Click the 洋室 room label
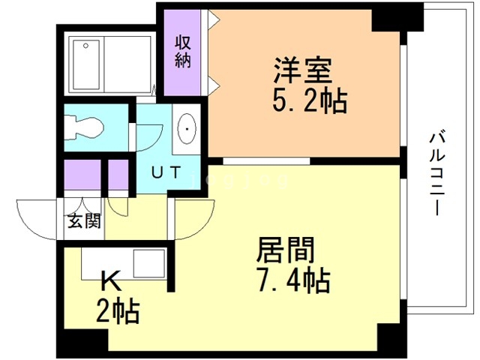coord(303,70)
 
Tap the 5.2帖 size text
coord(310,100)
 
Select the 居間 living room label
coord(286,250)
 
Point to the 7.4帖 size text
coord(293,280)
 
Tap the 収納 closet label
coord(183,52)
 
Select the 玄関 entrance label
coord(84,220)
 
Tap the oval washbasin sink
coord(187,129)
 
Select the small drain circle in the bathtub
coord(86,46)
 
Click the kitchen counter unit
coord(123,263)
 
